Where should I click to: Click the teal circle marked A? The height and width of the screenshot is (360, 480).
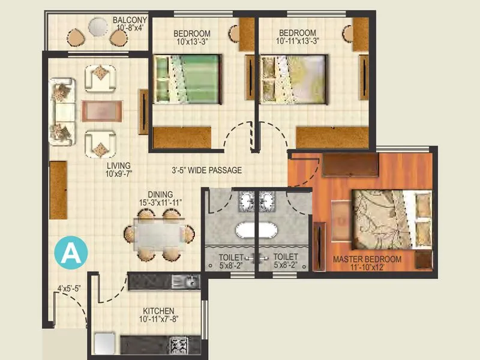tap(71, 253)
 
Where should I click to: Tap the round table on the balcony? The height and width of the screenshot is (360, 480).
tap(98, 27)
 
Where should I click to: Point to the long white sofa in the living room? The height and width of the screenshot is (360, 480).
tap(62, 111)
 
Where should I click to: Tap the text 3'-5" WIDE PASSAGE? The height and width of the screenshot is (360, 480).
tap(206, 170)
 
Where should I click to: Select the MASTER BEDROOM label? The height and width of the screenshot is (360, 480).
tap(367, 259)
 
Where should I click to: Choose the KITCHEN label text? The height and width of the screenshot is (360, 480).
tap(158, 311)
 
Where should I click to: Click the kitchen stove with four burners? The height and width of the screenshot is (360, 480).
tap(179, 344)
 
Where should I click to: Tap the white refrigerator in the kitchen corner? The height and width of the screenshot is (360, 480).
tap(103, 344)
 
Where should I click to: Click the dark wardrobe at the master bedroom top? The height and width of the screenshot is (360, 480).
tap(350, 165)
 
